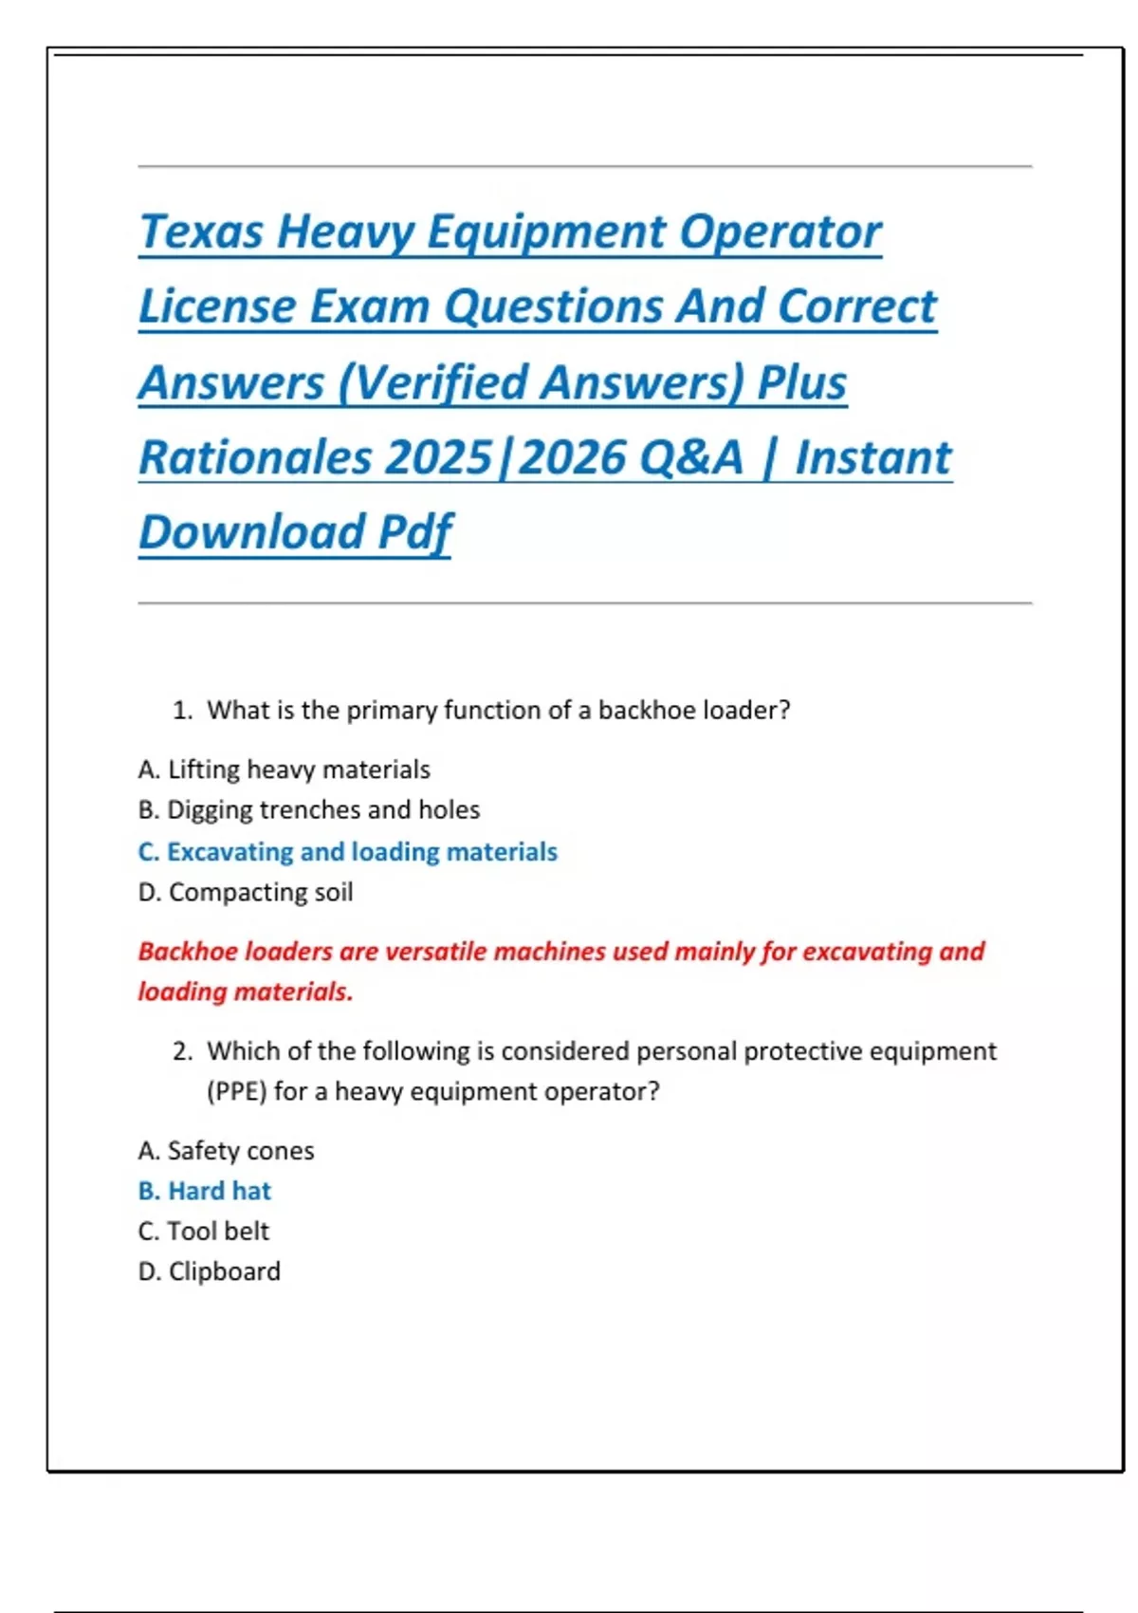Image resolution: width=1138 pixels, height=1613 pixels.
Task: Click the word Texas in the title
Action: [x=201, y=232]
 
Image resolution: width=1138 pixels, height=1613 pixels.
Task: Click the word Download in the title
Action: [x=249, y=531]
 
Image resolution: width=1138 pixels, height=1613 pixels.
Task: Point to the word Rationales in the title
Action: [x=254, y=457]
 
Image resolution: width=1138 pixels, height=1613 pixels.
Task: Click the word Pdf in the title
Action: [x=414, y=531]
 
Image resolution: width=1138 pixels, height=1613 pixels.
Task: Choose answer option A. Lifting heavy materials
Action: [x=284, y=769]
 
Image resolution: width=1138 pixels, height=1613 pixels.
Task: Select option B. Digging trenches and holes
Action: [x=308, y=810]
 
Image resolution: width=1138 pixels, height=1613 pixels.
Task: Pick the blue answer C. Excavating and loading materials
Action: [x=347, y=852]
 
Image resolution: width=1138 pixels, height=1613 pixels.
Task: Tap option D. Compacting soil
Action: [x=245, y=893]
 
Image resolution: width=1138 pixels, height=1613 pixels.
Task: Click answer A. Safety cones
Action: [x=226, y=1151]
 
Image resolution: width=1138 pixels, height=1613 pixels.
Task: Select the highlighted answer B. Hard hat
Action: [x=204, y=1191]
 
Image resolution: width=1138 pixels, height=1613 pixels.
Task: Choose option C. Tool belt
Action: [x=203, y=1232]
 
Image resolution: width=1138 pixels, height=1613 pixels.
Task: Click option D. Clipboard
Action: [x=209, y=1271]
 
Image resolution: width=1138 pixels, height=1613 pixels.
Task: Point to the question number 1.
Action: [x=182, y=711]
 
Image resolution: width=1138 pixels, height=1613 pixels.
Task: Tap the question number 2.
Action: [x=182, y=1051]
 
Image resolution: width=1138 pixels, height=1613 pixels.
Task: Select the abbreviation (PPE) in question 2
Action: [x=236, y=1092]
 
